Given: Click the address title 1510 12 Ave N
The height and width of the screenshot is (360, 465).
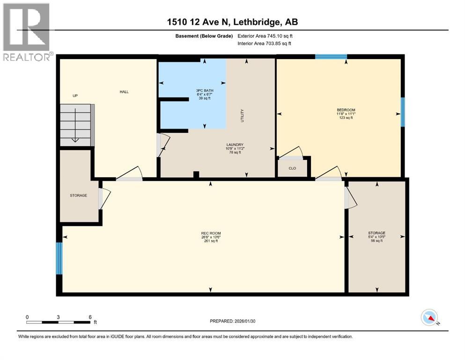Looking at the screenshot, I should tap(232, 22).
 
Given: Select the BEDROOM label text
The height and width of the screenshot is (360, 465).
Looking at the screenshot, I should tap(344, 110).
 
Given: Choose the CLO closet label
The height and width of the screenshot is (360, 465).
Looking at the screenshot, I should tap(292, 168).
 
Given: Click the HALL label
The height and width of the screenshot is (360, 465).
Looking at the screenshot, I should tap(124, 91).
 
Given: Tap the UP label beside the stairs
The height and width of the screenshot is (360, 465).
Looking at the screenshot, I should tap(74, 96).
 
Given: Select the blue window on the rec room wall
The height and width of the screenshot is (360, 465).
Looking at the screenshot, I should tap(59, 258).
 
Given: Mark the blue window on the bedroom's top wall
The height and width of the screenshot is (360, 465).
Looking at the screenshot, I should tap(331, 57).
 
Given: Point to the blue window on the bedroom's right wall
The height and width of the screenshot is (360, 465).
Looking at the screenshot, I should tap(402, 112).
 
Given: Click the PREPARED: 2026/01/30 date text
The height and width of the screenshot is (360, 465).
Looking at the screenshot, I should tap(233, 321).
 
